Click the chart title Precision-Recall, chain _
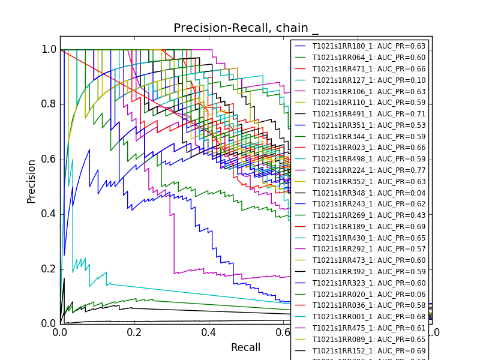coord(246,28)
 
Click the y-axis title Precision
coord(31,181)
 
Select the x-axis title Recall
coord(246,347)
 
